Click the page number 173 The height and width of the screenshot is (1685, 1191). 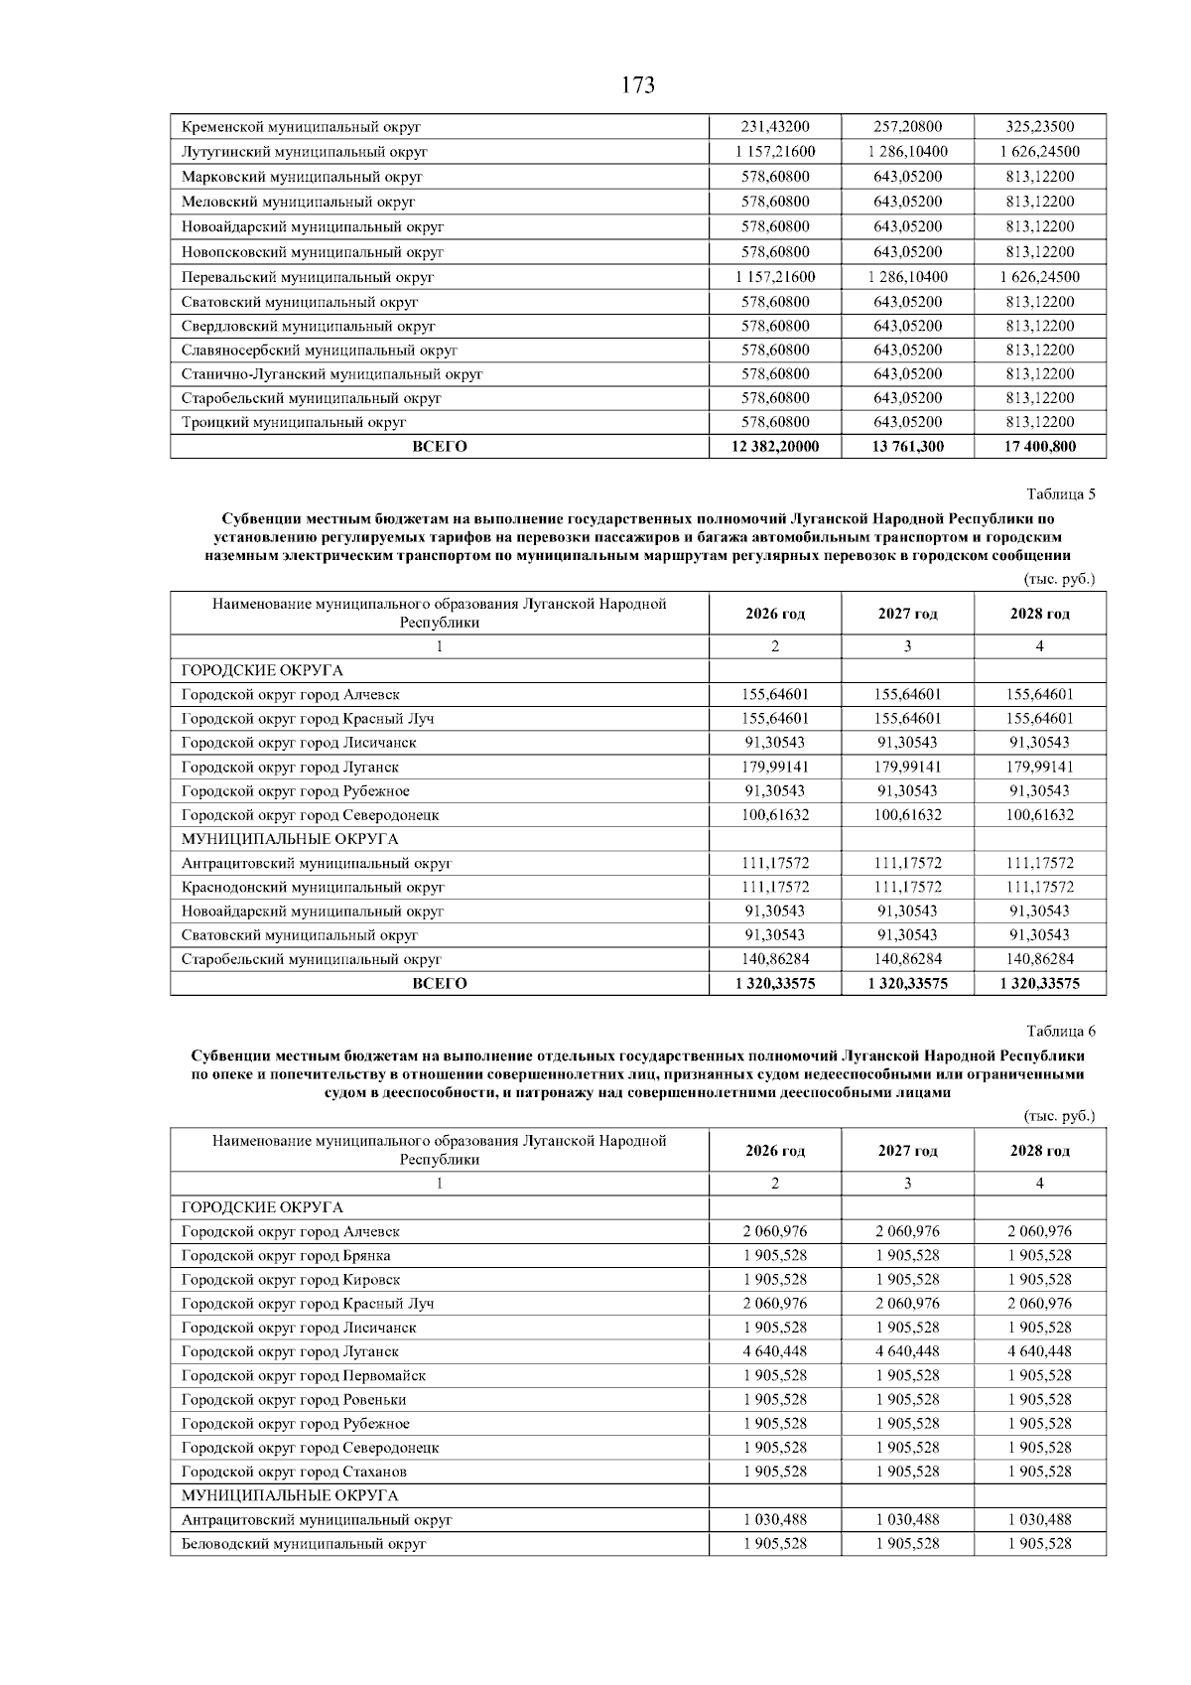point(638,85)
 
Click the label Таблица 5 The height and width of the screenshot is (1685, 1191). point(1061,493)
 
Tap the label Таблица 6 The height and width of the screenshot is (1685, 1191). point(1061,1031)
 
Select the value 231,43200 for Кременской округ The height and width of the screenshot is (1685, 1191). point(775,127)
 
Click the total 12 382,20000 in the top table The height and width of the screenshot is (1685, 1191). point(775,447)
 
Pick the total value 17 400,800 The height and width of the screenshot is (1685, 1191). point(1039,447)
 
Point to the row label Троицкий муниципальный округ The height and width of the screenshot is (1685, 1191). point(294,422)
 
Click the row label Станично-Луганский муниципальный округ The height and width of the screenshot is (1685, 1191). point(331,374)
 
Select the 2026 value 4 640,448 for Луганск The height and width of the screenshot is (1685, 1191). point(775,1351)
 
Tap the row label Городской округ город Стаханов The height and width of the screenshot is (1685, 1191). point(294,1472)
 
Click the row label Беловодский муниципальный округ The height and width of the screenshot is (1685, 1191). point(304,1544)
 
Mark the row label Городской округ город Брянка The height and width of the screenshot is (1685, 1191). point(286,1255)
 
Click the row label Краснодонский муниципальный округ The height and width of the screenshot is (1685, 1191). point(313,887)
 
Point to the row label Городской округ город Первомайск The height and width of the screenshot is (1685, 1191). point(304,1375)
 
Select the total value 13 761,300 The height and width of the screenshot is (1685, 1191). point(907,447)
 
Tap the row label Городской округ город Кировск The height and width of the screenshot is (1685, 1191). point(291,1280)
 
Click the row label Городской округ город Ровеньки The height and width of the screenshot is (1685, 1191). point(294,1400)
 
